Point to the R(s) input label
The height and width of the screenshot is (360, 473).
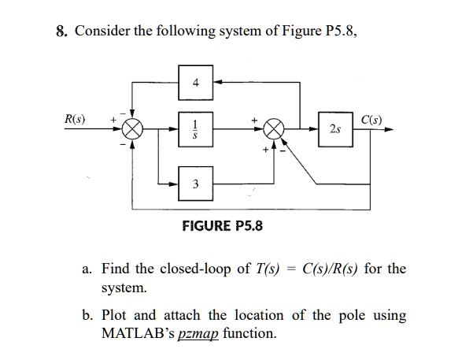[x=75, y=119]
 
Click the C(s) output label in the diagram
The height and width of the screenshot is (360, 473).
[x=371, y=120]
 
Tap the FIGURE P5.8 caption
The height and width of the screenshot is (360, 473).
[x=223, y=225]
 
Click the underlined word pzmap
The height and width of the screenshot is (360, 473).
[x=198, y=334]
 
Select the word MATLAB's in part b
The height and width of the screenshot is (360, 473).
[x=138, y=333]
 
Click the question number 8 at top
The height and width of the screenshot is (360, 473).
[x=61, y=31]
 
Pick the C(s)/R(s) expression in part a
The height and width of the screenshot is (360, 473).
[x=331, y=268]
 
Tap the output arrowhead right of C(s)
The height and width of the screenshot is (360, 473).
[x=389, y=129]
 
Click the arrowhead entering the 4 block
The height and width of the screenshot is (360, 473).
[x=218, y=82]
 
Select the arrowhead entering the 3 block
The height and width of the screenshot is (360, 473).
[x=173, y=184]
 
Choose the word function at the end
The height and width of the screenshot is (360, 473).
[x=249, y=333]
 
